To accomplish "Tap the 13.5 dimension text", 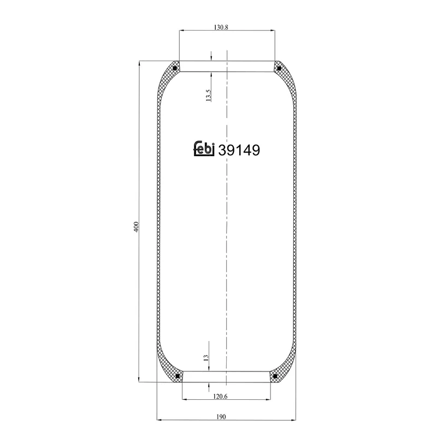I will [208, 96].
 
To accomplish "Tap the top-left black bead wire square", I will [174, 68].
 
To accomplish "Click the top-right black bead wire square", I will [279, 68].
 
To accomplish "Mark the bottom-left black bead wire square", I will [178, 376].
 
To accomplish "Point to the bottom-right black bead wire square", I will [275, 376].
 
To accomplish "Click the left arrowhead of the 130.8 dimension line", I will [181, 31].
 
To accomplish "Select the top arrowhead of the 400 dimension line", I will [140, 64].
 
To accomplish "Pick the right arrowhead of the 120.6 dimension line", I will [268, 398].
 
